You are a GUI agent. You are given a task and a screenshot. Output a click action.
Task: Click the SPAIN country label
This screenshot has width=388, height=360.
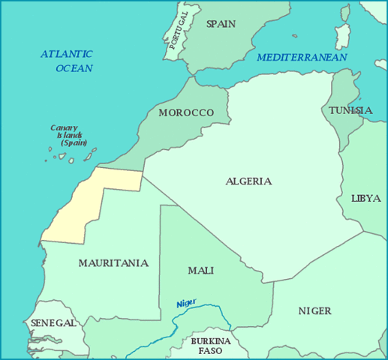(221, 24)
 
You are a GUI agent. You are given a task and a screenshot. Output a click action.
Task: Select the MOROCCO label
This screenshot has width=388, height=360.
(186, 112)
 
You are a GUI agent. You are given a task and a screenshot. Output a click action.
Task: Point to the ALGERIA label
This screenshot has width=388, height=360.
(248, 181)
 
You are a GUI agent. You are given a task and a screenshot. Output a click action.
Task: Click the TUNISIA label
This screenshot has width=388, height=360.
(350, 111)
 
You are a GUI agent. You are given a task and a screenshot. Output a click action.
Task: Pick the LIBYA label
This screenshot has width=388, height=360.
(366, 199)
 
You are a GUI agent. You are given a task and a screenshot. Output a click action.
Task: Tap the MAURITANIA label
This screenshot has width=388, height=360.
(113, 263)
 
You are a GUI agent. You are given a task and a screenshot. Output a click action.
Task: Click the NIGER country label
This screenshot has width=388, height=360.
(314, 310)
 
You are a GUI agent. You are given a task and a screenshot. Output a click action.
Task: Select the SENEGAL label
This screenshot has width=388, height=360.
(53, 323)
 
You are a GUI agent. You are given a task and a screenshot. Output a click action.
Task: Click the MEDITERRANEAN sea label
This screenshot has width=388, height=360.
(302, 58)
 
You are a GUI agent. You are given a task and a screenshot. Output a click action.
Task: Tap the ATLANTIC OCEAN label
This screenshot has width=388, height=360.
(68, 61)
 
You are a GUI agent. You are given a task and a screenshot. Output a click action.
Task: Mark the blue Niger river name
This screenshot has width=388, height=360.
(186, 303)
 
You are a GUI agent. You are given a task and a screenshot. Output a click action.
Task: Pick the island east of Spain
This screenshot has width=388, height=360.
(344, 34)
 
